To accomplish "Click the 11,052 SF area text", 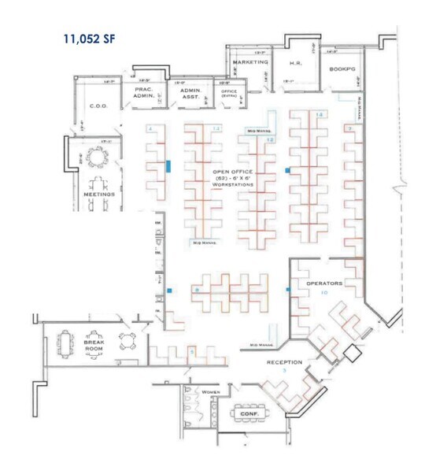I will coord(91,36).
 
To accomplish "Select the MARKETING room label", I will coord(250,61).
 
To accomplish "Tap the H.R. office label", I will coord(297,62).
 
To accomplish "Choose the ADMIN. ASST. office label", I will coord(191,94).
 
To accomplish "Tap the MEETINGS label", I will coord(99,193).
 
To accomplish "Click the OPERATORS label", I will coord(323,281).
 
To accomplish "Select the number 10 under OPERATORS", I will coord(323,292).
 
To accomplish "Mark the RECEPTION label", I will coord(284,363).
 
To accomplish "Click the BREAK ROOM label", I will coord(94,347).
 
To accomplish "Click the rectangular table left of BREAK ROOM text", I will coord(64,344).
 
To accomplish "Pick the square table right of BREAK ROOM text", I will coord(126,340).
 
